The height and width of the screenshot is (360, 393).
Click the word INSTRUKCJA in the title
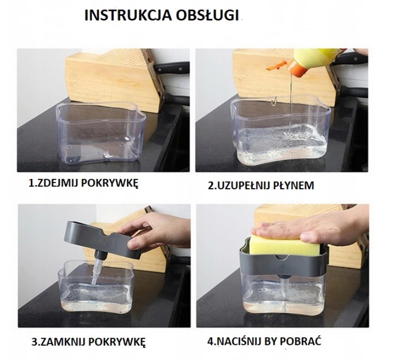click(128, 15)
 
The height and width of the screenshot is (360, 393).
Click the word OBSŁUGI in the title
click(207, 15)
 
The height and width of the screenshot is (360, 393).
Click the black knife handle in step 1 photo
click(171, 68)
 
